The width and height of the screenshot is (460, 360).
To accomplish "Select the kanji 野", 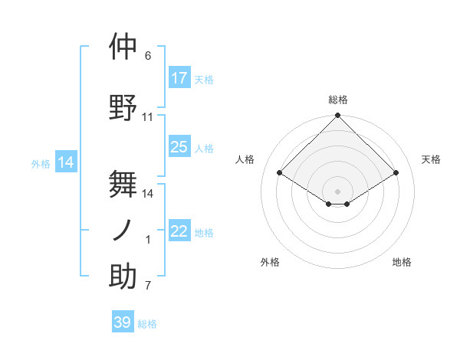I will [x=123, y=107].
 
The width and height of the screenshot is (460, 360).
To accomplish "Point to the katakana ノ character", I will [x=123, y=230].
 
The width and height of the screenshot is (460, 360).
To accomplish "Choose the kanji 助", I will [x=123, y=277].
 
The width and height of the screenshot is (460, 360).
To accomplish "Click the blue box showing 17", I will [x=179, y=78].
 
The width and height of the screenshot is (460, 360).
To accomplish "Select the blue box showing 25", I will [x=179, y=147].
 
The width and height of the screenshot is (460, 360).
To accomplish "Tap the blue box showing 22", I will [x=179, y=231].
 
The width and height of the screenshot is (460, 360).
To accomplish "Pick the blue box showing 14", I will [x=65, y=162].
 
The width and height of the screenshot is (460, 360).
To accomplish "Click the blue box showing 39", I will [x=123, y=322].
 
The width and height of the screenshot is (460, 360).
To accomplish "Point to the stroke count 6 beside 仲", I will [x=148, y=56].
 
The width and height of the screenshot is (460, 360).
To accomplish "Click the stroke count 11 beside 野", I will [x=148, y=117].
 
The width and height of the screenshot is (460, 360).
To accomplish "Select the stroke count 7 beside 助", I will [x=148, y=286].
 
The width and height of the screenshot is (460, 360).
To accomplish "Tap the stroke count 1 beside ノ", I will [x=148, y=240].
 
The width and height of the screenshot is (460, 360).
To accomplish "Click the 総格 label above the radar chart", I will [x=338, y=100].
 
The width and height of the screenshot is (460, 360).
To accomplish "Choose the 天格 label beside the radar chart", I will [x=431, y=159].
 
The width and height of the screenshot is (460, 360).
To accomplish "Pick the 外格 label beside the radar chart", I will [x=270, y=262].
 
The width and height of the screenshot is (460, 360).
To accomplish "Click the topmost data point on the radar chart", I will [x=337, y=116].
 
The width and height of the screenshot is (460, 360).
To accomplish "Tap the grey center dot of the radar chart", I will [x=337, y=190].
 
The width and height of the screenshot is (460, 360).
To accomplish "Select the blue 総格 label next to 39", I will [x=147, y=324].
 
